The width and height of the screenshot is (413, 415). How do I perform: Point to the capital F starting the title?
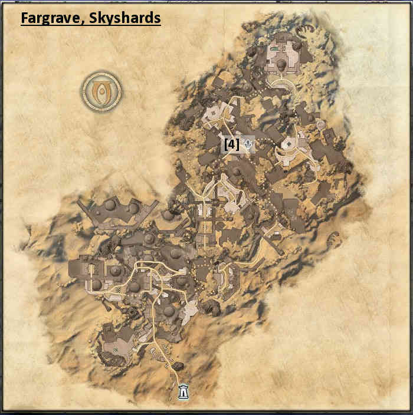click(25, 18)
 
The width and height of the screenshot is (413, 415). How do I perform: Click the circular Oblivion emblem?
click(101, 91)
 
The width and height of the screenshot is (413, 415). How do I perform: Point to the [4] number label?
click(231, 143)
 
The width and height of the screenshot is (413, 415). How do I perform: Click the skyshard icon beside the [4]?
click(248, 143)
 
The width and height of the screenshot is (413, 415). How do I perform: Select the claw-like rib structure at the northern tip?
click(306, 31)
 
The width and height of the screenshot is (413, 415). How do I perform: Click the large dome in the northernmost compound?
click(282, 63)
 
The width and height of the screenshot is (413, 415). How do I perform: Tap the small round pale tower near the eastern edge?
click(321, 124)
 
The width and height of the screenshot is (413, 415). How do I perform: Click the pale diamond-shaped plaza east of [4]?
click(290, 143)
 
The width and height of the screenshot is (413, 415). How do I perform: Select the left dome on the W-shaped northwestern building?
click(110, 205)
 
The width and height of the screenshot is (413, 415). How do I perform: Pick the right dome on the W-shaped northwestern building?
click(134, 207)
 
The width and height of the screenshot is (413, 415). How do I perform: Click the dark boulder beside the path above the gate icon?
click(175, 367)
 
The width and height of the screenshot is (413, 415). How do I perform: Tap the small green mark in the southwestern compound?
click(117, 350)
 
